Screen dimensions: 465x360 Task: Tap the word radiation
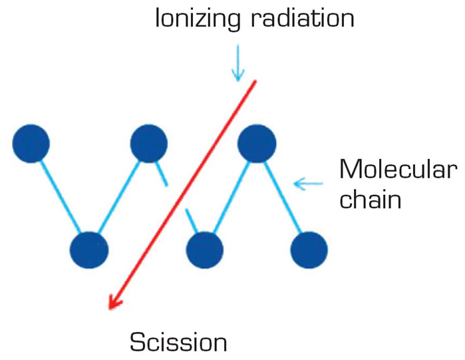(303, 19)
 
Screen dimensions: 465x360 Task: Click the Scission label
(178, 342)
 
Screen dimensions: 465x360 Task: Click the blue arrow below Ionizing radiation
(238, 63)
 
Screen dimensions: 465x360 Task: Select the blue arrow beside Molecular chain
(308, 184)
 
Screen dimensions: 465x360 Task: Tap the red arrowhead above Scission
(114, 303)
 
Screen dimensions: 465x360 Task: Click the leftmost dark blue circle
(31, 144)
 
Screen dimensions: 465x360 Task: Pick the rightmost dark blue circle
(309, 250)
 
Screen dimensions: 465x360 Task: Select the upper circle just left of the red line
(149, 144)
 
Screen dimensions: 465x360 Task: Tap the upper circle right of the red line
(257, 144)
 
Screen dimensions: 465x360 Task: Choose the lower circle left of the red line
(89, 250)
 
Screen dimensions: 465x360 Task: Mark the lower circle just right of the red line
(205, 250)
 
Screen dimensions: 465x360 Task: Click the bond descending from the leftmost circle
(60, 196)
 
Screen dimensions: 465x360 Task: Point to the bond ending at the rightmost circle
(283, 196)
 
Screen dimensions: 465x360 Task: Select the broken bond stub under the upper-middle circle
(162, 174)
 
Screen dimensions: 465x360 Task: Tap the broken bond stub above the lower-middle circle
(192, 221)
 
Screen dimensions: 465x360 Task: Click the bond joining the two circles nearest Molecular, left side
(232, 197)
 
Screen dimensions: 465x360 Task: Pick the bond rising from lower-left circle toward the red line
(119, 196)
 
